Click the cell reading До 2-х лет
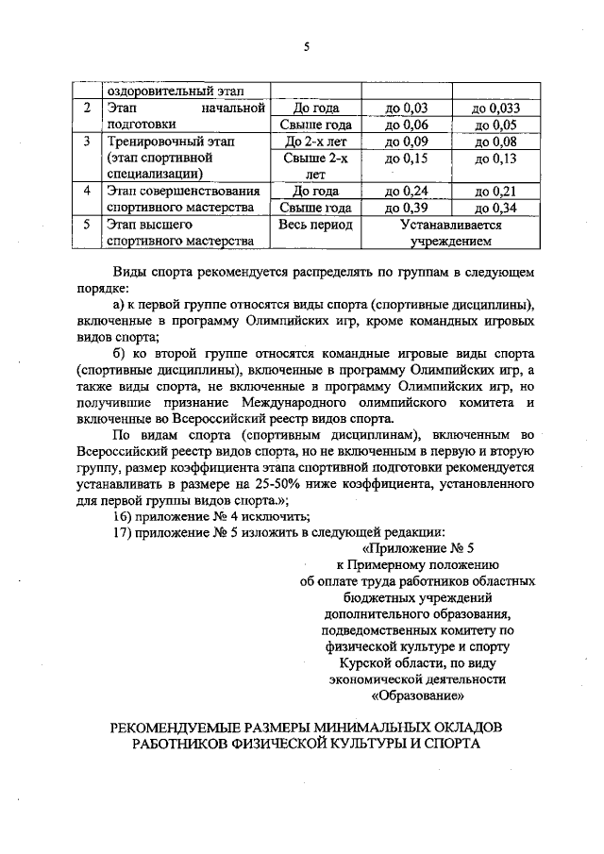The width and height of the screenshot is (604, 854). (316, 142)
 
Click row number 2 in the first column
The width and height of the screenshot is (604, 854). (86, 109)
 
